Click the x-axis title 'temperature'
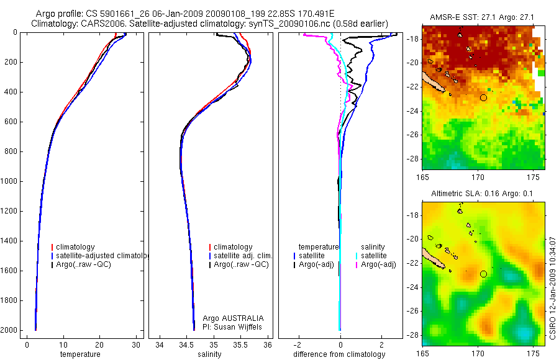point(80,354)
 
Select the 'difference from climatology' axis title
point(339,354)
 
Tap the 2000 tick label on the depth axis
point(9,330)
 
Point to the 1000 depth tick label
point(9,181)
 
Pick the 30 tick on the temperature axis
point(135,344)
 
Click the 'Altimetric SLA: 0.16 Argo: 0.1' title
point(483,194)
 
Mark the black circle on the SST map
point(484,97)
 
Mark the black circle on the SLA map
point(484,274)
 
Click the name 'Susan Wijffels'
point(239,326)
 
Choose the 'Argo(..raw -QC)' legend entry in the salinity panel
point(241,264)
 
